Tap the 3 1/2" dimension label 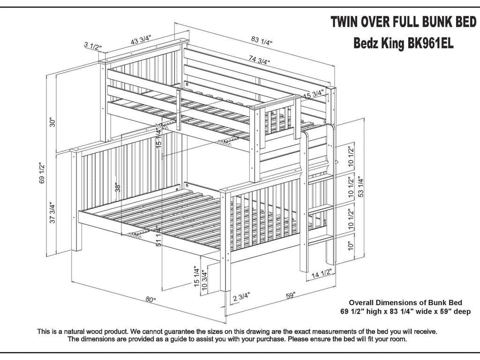pyautogui.click(x=93, y=46)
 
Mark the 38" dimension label pyautogui.click(x=118, y=187)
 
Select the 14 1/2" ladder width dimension pyautogui.click(x=321, y=272)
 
